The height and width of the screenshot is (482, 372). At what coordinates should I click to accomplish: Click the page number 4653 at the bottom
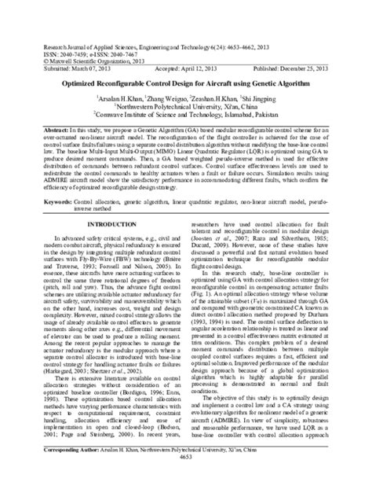(x=186, y=477)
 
